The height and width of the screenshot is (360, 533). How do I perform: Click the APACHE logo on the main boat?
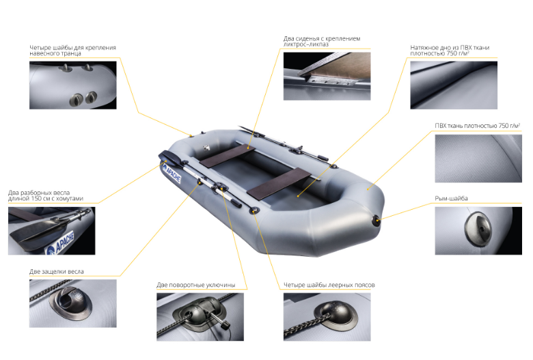172,173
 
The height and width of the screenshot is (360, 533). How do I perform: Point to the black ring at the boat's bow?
377,221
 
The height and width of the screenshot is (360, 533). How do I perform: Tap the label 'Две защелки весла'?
57,271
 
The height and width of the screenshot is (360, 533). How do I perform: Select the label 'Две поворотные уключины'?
196,285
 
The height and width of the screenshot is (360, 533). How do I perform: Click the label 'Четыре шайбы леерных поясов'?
329,285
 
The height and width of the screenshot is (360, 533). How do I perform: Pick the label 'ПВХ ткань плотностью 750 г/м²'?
477,126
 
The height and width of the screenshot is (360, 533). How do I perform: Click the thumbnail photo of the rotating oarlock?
200,317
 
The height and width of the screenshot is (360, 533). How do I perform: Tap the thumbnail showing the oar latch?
72,303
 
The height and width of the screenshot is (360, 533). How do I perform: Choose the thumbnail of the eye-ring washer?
478,230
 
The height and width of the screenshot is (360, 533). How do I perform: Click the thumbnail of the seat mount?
327,76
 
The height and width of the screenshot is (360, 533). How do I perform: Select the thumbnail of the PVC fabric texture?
478,158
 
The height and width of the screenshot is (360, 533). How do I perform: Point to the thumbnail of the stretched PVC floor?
454,85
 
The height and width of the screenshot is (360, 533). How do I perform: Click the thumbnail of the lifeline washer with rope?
327,317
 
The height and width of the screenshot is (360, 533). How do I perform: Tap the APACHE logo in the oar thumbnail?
61,243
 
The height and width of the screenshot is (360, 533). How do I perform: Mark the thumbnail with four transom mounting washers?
72,85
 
